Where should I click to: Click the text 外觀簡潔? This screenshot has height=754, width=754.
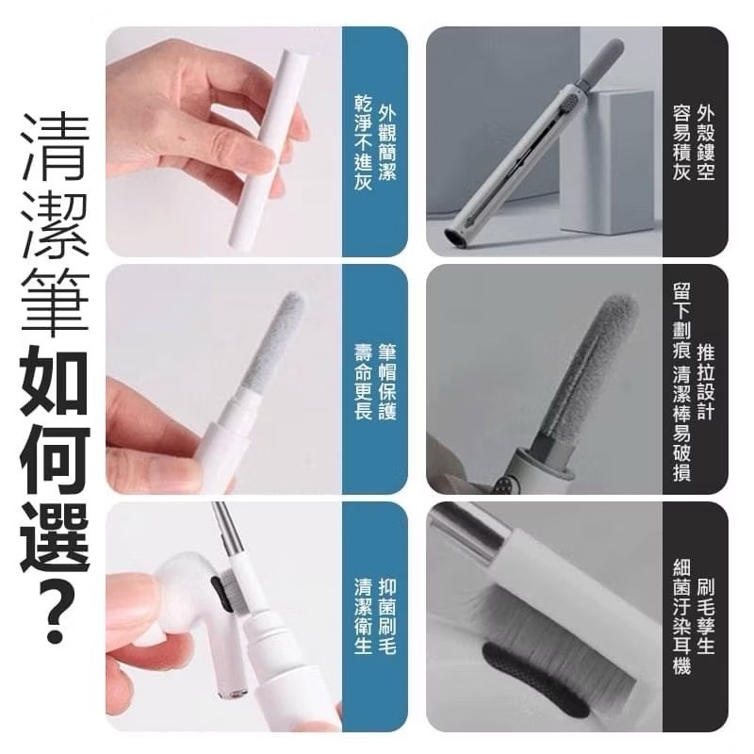(x=386, y=141)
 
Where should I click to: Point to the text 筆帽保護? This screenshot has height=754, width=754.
(x=386, y=381)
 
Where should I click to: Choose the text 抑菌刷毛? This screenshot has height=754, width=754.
(x=386, y=617)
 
